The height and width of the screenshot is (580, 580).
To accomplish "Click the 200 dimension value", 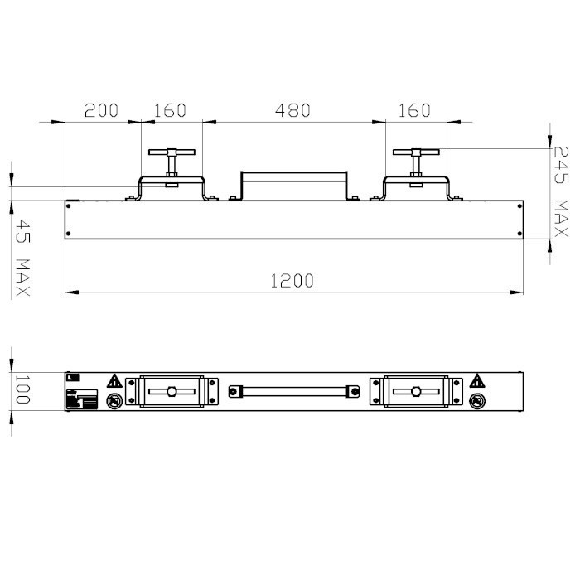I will [x=102, y=110].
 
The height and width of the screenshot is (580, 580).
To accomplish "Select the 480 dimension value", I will [x=292, y=110].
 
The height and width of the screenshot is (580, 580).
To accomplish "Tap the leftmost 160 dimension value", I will [x=170, y=110].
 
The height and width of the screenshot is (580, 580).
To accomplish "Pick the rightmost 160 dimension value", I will [x=414, y=110].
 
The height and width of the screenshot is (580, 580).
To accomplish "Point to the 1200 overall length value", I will [x=292, y=280].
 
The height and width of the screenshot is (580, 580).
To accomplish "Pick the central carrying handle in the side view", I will [x=293, y=183].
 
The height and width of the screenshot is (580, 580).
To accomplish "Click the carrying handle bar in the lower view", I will [x=293, y=389].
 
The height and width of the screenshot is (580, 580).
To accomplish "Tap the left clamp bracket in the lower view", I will [x=172, y=391].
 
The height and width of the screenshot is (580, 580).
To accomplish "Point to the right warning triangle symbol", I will [x=476, y=382].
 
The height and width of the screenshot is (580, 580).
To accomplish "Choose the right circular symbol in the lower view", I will [x=476, y=401].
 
